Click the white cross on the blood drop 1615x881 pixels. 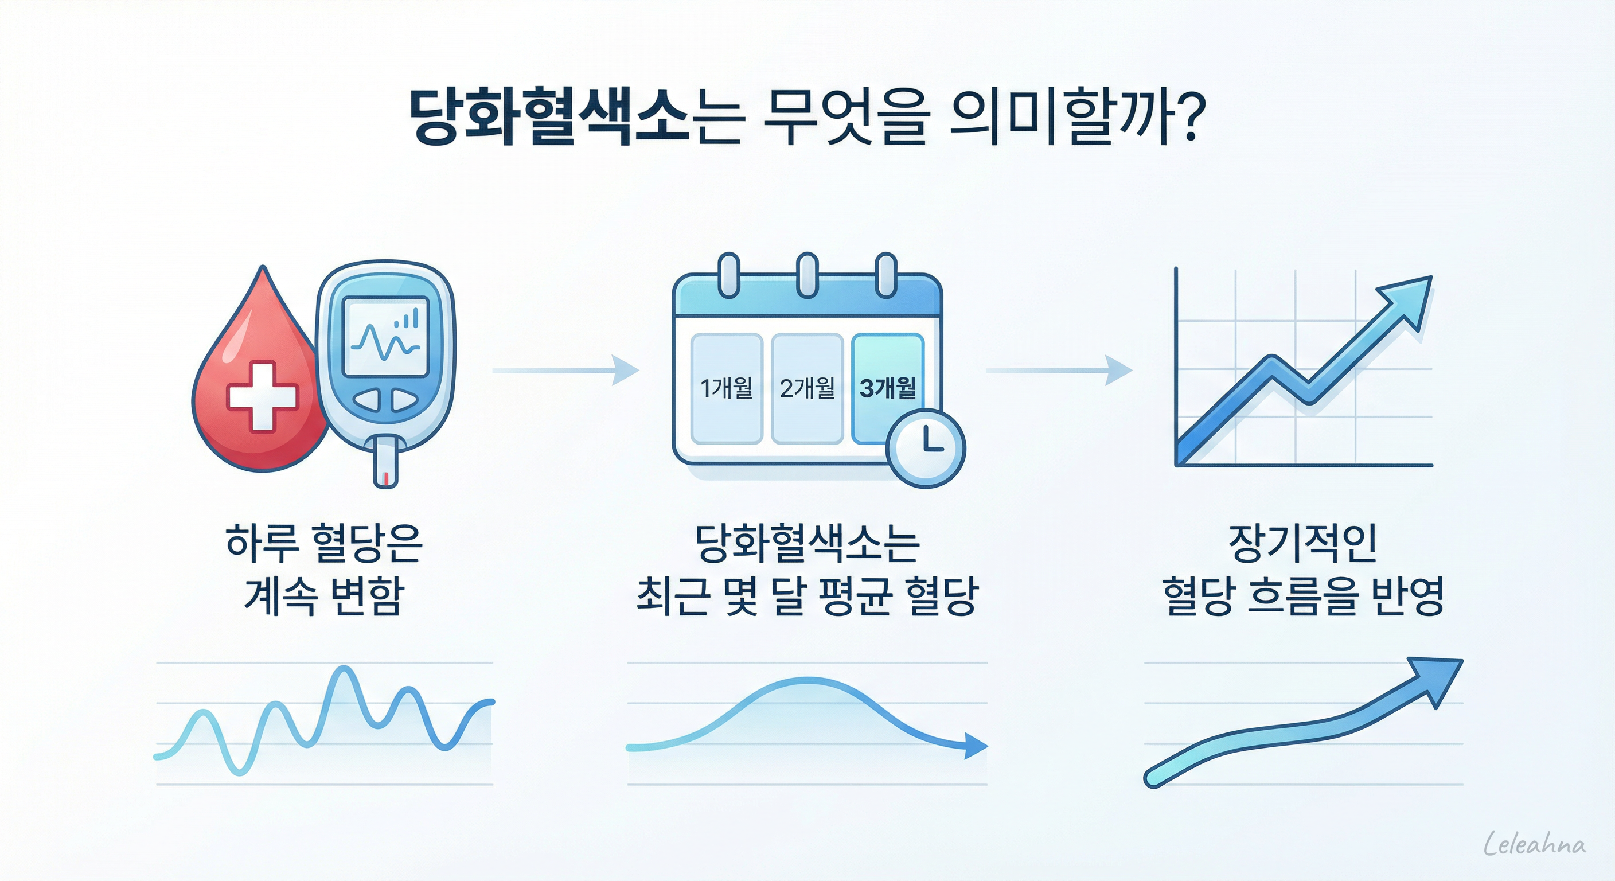click(x=262, y=396)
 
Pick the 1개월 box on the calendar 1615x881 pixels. click(x=726, y=389)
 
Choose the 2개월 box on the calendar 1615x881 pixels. click(x=807, y=389)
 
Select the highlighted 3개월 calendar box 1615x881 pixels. click(x=887, y=389)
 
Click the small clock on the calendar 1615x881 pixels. click(x=926, y=448)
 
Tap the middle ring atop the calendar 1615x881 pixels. click(x=807, y=275)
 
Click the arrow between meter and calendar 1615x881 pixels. click(x=565, y=371)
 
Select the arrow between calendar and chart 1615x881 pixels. click(x=1059, y=371)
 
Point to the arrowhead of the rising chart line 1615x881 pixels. click(x=1411, y=301)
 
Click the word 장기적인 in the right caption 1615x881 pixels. click(x=1302, y=543)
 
